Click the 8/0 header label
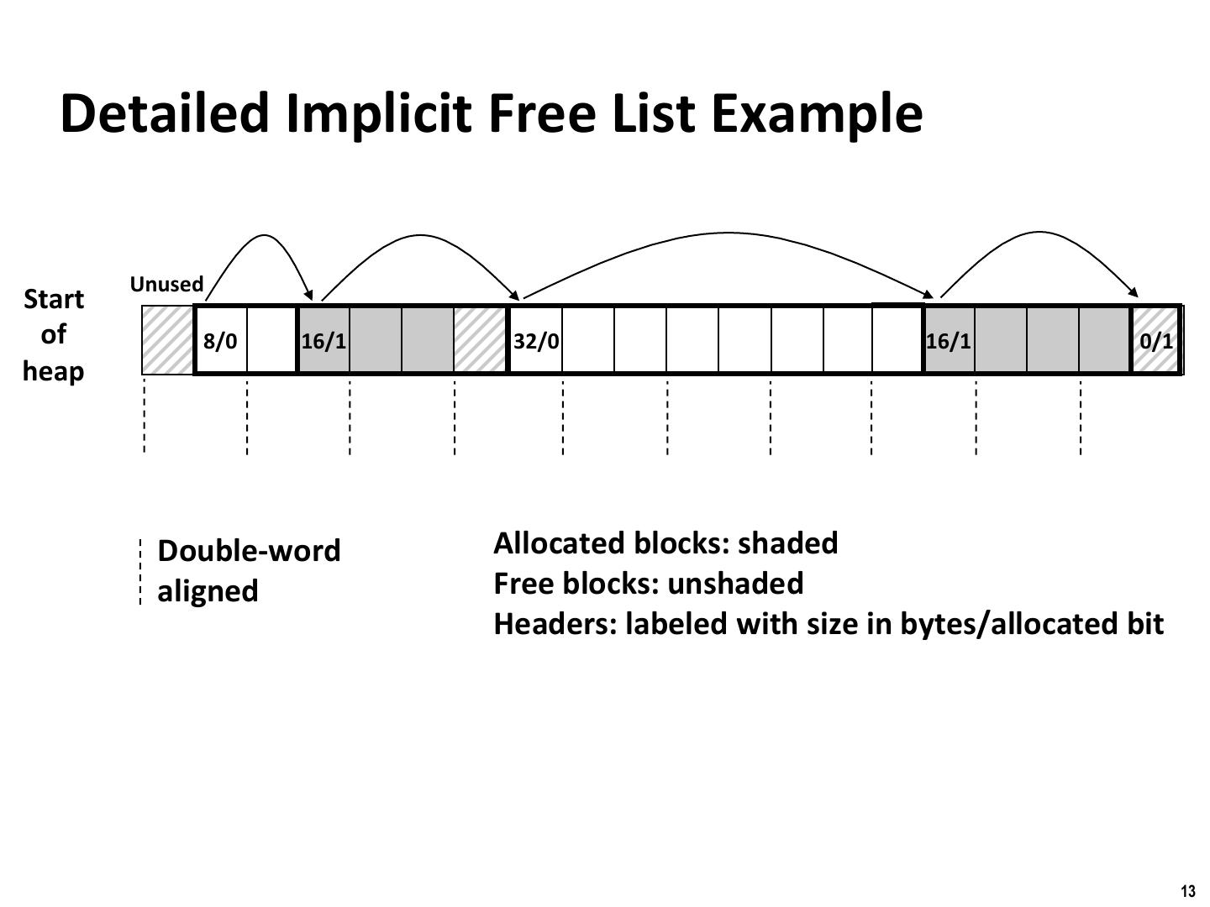pyautogui.click(x=220, y=341)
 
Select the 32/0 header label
pyautogui.click(x=536, y=341)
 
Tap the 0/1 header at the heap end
pyautogui.click(x=1156, y=341)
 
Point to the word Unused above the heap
pyautogui.click(x=166, y=284)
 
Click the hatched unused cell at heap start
pyautogui.click(x=167, y=340)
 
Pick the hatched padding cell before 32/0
pyautogui.click(x=480, y=340)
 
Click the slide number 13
pyautogui.click(x=1187, y=892)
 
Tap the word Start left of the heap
pyautogui.click(x=54, y=299)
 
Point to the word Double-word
pyautogui.click(x=249, y=551)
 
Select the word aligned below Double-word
pyautogui.click(x=208, y=591)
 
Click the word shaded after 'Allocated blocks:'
pyautogui.click(x=787, y=543)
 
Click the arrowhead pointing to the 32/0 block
pyautogui.click(x=516, y=295)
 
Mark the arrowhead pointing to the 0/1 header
pyautogui.click(x=1134, y=293)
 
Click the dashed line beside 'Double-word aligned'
pyautogui.click(x=140, y=572)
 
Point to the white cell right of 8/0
pyautogui.click(x=271, y=340)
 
